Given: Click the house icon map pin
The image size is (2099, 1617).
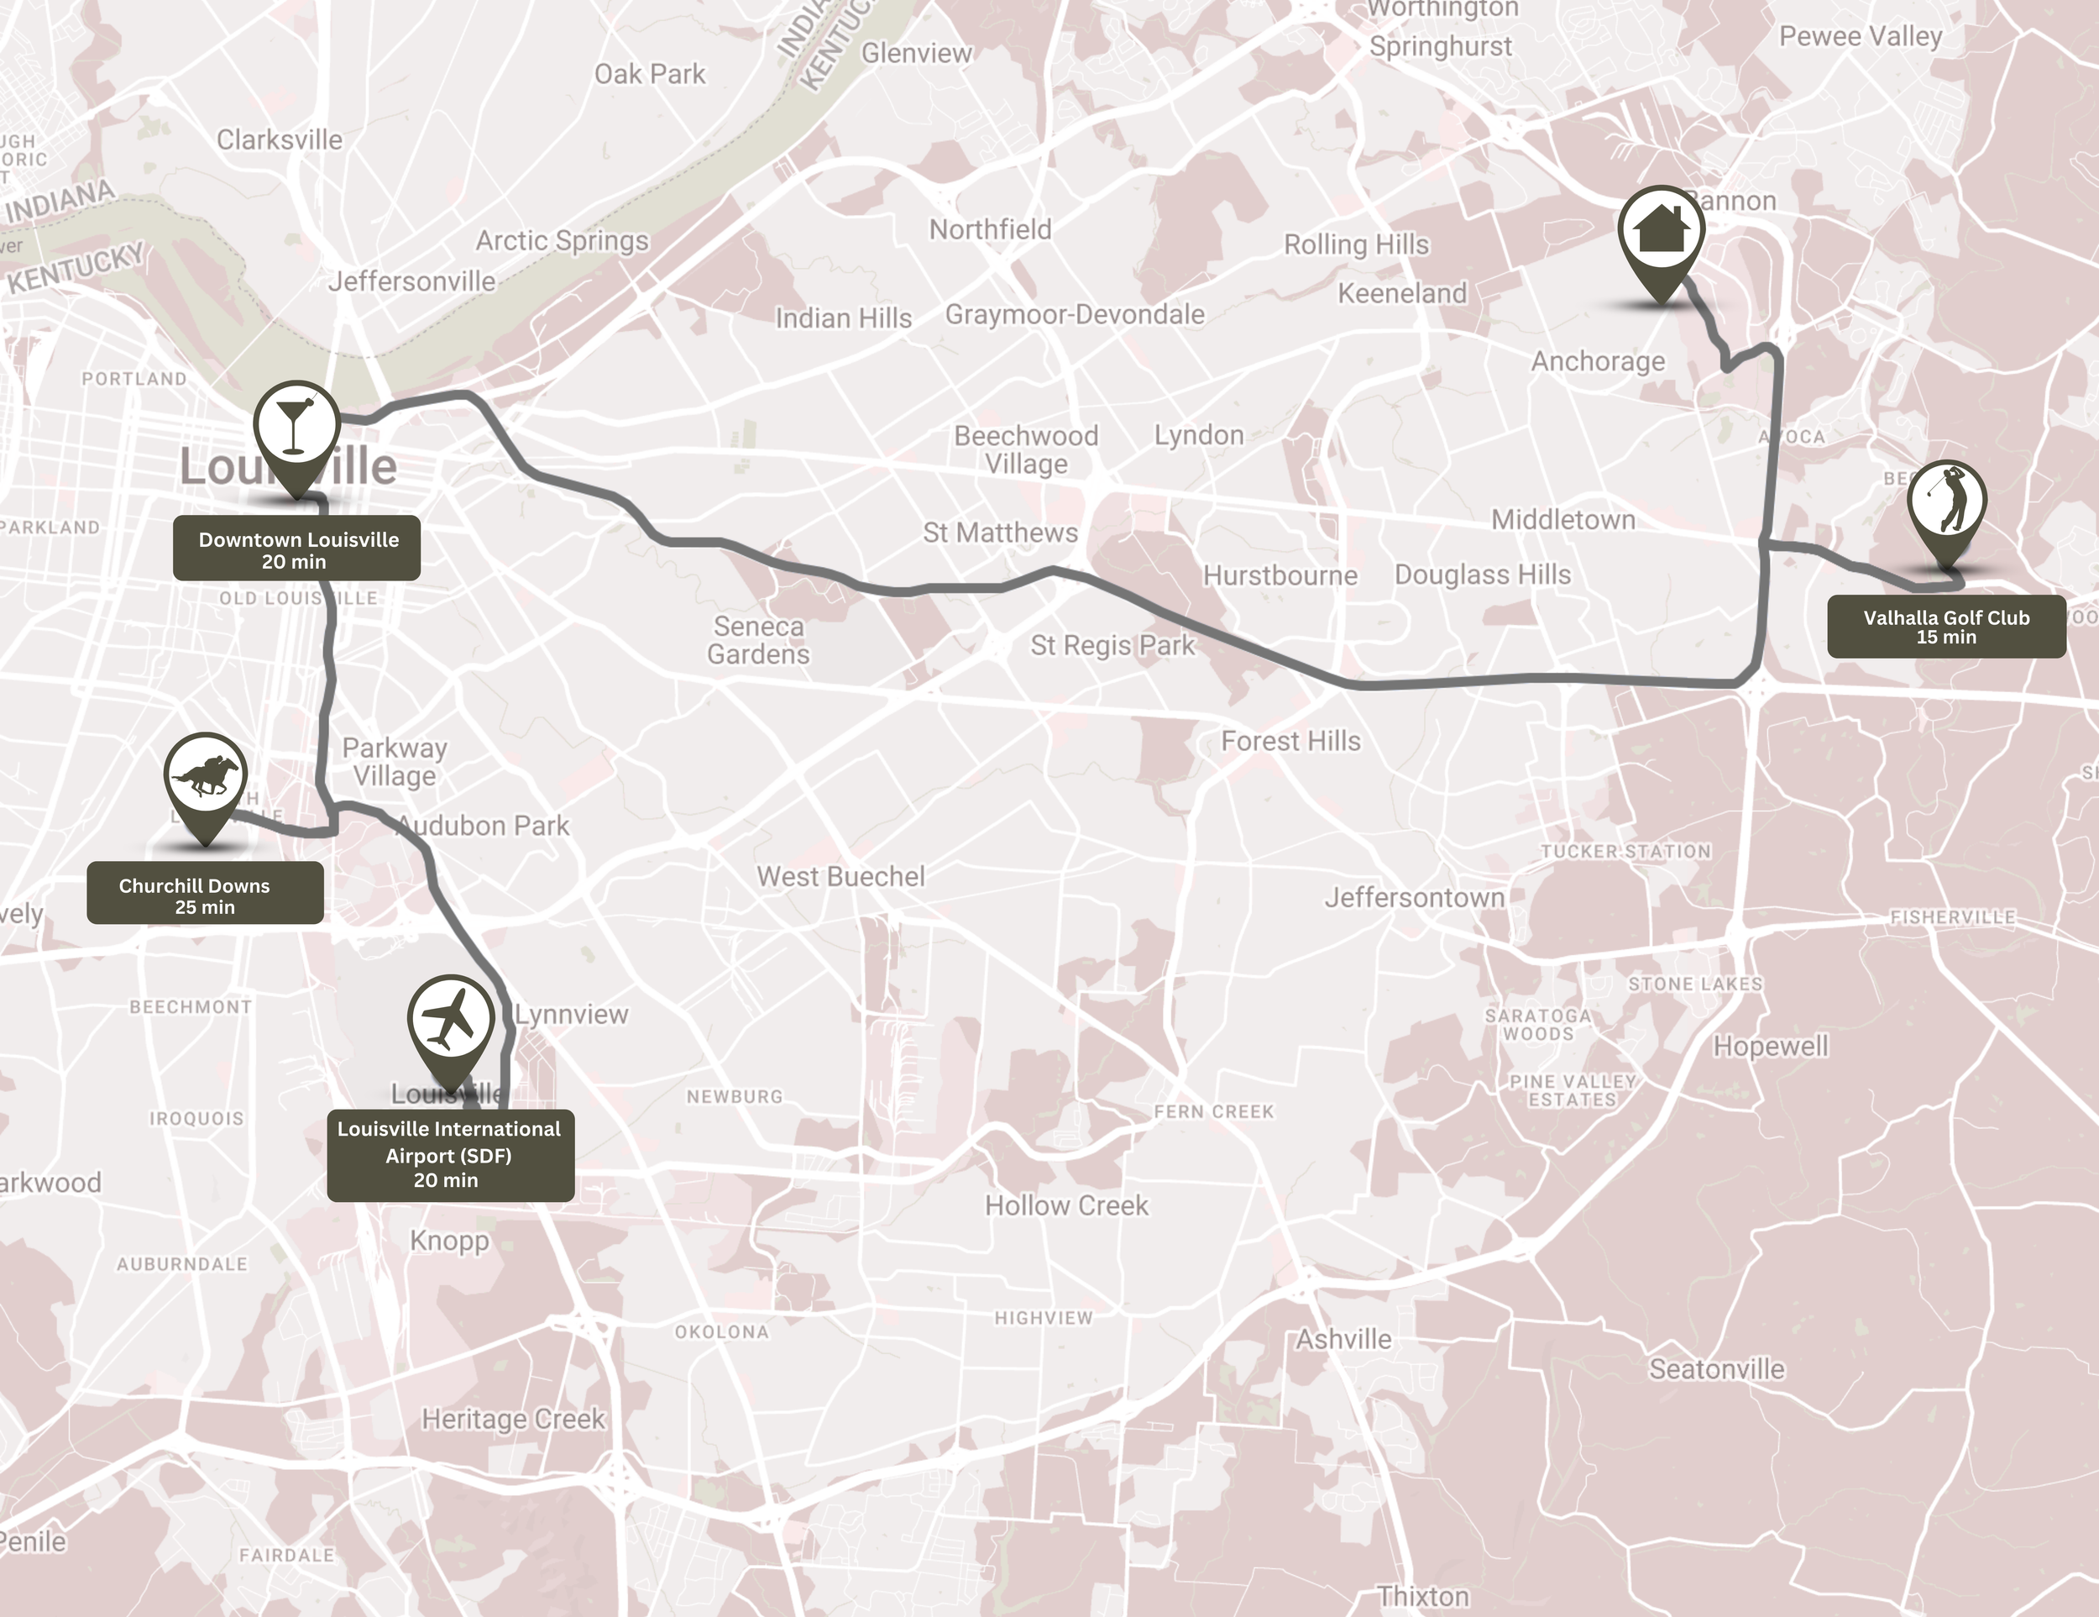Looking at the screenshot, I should (1661, 232).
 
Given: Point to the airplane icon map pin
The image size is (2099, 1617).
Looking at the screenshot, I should (450, 1021).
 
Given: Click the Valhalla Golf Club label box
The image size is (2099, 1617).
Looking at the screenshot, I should (1946, 627).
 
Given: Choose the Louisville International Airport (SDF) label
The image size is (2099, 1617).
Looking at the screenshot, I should (450, 1155).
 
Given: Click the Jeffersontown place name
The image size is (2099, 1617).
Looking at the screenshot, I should (1414, 898).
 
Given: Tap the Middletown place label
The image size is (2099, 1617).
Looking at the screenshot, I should (1562, 520).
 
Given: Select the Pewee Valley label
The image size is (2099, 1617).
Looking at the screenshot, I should (1860, 36).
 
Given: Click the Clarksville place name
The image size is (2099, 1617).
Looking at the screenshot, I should (279, 140).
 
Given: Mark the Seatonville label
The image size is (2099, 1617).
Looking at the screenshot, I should (1716, 1369).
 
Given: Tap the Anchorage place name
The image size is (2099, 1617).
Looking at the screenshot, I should (1597, 361).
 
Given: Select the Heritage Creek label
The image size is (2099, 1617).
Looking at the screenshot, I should (513, 1419).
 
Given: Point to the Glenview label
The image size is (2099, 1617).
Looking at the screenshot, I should (916, 54).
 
